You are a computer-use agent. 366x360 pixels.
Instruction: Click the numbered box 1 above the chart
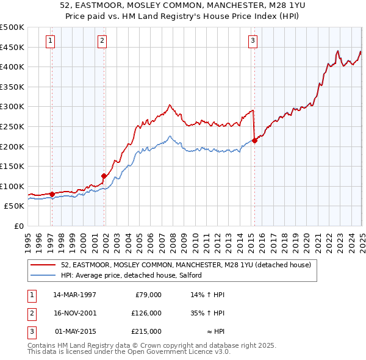pyautogui.click(x=50, y=41)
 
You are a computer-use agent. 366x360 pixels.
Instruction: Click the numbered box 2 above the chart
pyautogui.click(x=102, y=41)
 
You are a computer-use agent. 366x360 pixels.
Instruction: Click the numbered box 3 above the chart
pyautogui.click(x=252, y=41)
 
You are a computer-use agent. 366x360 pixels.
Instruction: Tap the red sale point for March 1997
pyautogui.click(x=52, y=194)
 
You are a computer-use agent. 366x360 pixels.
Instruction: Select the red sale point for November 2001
pyautogui.click(x=104, y=176)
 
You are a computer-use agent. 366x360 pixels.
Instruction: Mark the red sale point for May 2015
pyautogui.click(x=254, y=140)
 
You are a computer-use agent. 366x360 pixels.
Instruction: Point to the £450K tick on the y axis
pyautogui.click(x=12, y=47)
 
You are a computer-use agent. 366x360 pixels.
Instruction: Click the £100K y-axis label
pyautogui.click(x=12, y=186)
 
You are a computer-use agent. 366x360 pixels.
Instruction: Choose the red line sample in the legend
pyautogui.click(x=43, y=265)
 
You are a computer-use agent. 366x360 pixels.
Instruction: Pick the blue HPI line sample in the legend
pyautogui.click(x=43, y=276)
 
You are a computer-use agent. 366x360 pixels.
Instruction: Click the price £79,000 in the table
pyautogui.click(x=147, y=295)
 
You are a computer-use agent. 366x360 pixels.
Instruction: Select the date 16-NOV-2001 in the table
pyautogui.click(x=75, y=313)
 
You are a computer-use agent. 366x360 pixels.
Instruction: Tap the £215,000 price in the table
pyautogui.click(x=147, y=331)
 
